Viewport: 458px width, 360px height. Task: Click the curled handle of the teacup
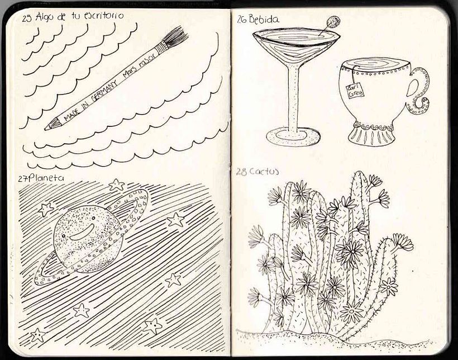click(418, 89)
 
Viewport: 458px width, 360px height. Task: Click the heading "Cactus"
click(265, 171)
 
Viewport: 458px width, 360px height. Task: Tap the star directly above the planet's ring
click(117, 184)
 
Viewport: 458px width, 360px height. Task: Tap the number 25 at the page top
click(27, 18)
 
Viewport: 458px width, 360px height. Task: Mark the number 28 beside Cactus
click(241, 172)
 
